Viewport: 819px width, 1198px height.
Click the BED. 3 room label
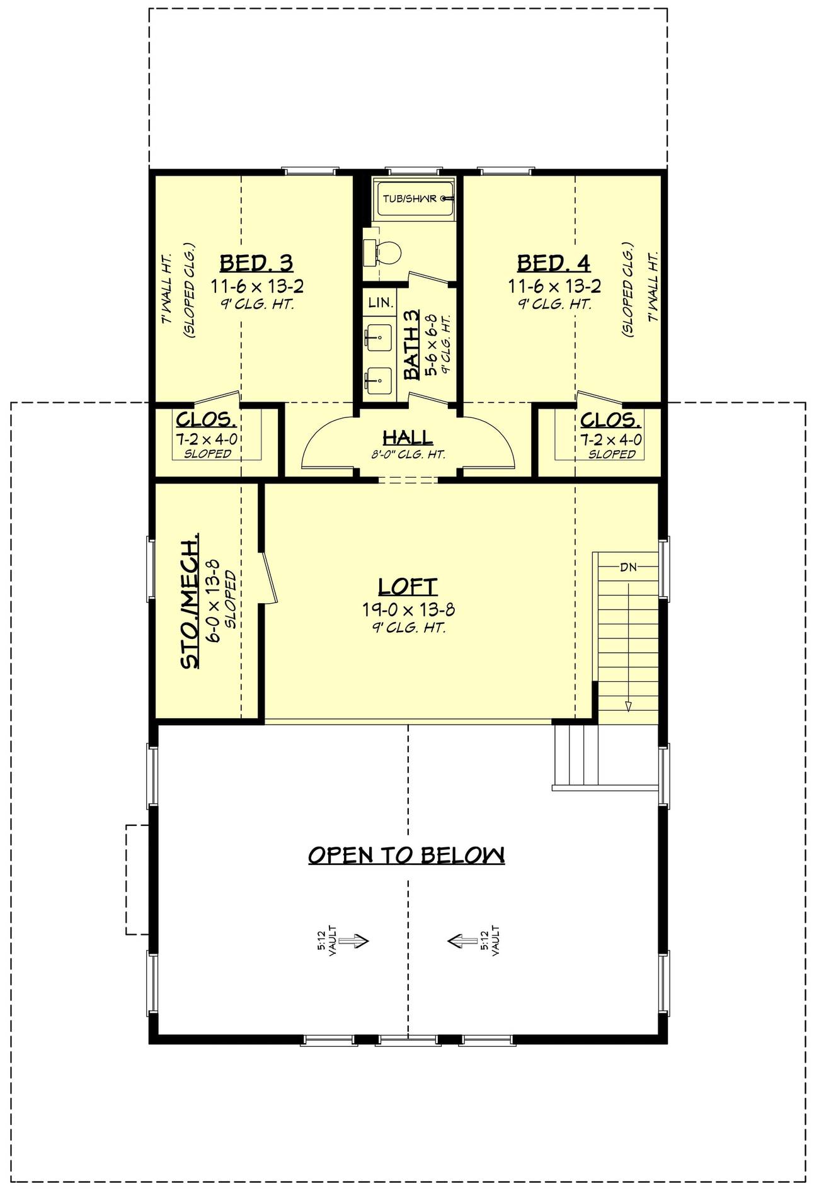tap(256, 263)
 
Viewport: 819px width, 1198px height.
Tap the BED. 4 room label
tap(554, 263)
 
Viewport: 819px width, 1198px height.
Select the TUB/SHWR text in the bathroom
tap(409, 199)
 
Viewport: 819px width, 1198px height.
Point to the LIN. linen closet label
tap(381, 303)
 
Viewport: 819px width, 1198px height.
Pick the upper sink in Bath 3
tap(379, 338)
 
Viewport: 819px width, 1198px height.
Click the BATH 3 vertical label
tap(411, 345)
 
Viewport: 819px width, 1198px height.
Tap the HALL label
tap(408, 437)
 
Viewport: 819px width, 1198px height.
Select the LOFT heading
tap(408, 586)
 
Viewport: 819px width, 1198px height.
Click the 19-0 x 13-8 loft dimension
tap(408, 609)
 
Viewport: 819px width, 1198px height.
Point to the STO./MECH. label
tap(190, 601)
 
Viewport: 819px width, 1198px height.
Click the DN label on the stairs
tap(627, 567)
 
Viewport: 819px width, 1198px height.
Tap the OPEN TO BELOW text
tap(406, 854)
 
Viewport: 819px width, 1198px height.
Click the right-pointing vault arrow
tap(354, 941)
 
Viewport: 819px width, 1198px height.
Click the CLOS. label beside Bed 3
tap(207, 420)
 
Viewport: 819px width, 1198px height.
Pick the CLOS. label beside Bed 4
tap(610, 420)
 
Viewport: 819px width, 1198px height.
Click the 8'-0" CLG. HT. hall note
tap(408, 455)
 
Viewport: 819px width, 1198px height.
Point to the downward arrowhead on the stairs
tap(628, 706)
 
